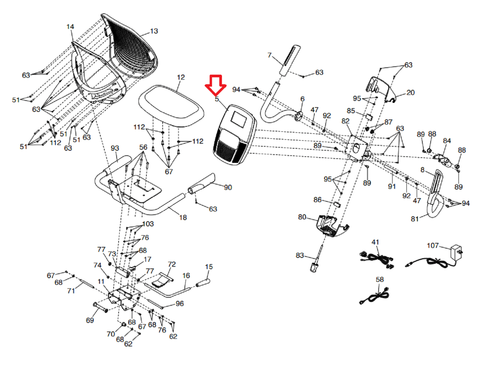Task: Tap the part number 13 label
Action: (154, 31)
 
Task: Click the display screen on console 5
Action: (238, 119)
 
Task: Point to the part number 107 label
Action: (433, 246)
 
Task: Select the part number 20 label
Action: (410, 93)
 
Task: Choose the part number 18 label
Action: (183, 217)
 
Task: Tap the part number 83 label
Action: (300, 255)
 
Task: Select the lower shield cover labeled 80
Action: (333, 226)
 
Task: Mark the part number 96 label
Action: (180, 303)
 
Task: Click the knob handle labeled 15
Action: (203, 282)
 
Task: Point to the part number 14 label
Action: (70, 27)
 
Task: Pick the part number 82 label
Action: (345, 121)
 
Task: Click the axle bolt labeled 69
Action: (100, 307)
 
